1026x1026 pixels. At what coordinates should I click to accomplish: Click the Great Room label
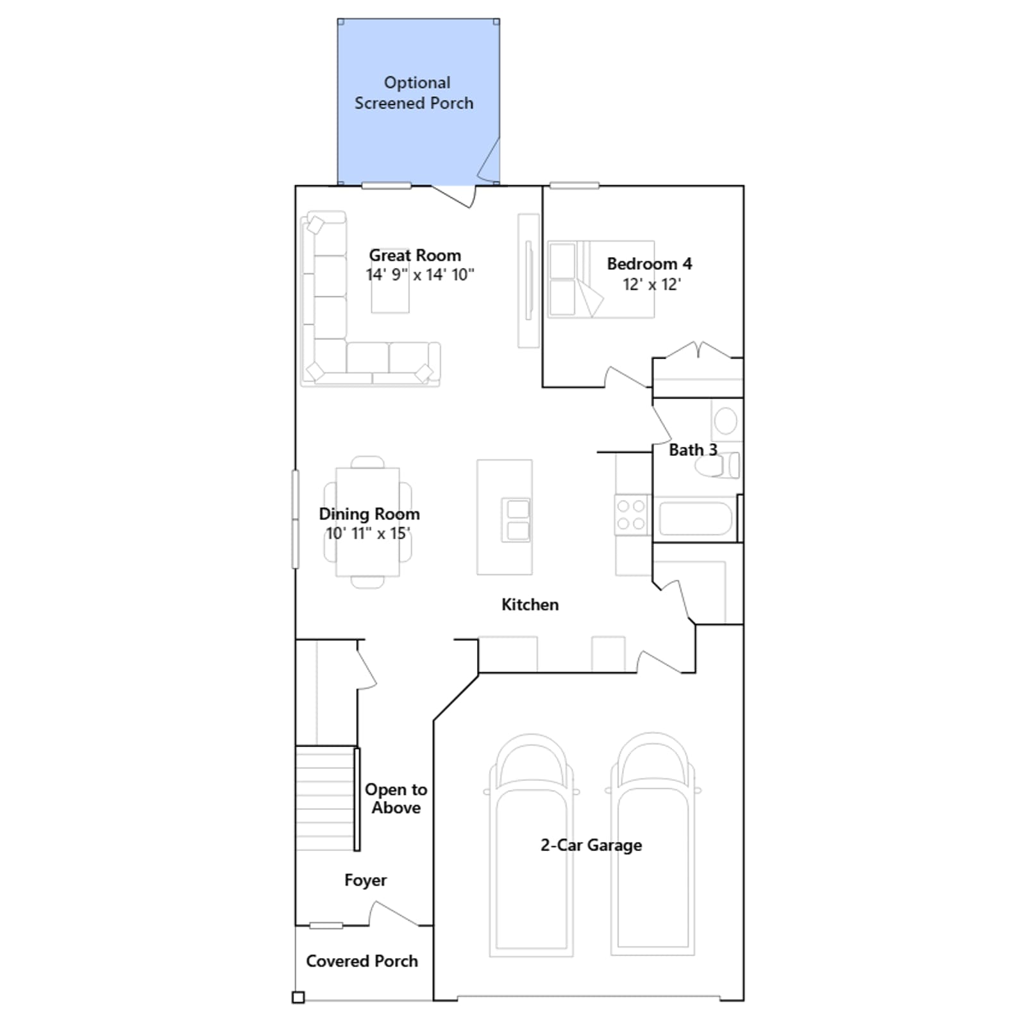(415, 255)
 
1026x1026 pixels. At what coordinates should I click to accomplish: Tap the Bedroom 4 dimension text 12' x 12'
(652, 284)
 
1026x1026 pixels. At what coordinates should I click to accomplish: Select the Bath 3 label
(693, 450)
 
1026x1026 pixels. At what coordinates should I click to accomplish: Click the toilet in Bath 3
(718, 466)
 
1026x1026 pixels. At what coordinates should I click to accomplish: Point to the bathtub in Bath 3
(695, 519)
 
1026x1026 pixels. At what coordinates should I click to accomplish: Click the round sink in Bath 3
(726, 421)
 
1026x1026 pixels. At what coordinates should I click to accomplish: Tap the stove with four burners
(631, 515)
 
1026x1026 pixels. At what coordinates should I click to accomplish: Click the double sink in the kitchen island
(516, 519)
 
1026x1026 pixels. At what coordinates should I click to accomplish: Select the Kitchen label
(530, 605)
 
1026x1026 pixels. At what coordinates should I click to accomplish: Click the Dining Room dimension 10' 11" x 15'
(368, 534)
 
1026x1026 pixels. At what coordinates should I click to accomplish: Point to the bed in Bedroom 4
(601, 280)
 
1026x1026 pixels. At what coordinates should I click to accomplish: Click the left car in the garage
(531, 845)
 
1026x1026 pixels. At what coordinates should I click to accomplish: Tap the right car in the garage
(652, 845)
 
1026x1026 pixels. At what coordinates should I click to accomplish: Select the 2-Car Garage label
(591, 845)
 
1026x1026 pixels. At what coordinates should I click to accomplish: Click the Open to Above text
(396, 798)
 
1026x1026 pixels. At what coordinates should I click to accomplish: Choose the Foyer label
(366, 880)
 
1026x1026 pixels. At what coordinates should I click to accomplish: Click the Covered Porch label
(362, 961)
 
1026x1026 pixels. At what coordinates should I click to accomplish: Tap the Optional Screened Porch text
(414, 93)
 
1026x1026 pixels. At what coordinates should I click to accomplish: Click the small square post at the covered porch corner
(298, 997)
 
